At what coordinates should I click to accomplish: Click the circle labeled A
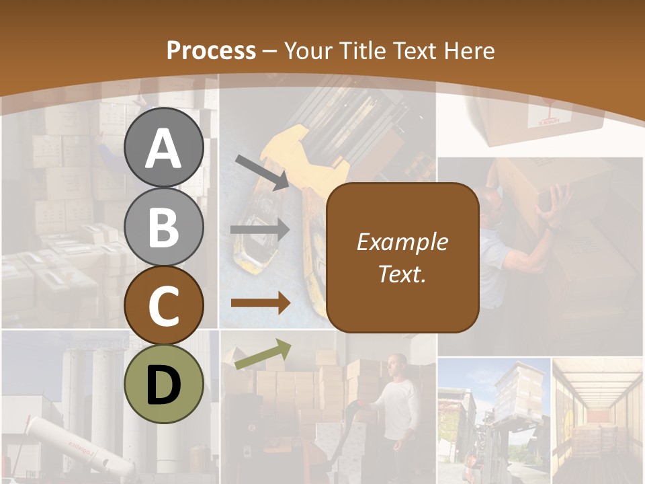click(x=164, y=148)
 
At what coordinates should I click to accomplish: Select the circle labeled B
click(x=164, y=227)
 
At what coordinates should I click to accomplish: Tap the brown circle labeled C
click(x=164, y=306)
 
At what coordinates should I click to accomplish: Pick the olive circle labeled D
click(x=164, y=385)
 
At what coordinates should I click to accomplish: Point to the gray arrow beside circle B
click(x=260, y=230)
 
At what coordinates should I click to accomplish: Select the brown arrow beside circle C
click(x=260, y=303)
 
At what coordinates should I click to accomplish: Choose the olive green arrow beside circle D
click(x=263, y=354)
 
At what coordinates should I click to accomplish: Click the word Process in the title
click(x=211, y=51)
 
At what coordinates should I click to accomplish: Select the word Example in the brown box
click(x=402, y=242)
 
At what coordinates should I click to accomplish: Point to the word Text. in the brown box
click(x=402, y=274)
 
